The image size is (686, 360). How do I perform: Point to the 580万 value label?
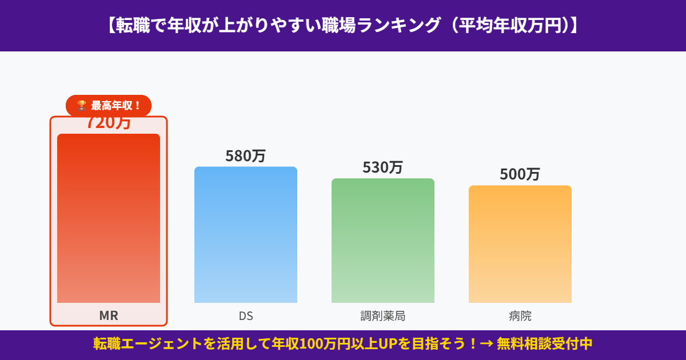click(x=246, y=156)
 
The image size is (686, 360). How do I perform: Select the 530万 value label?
click(x=383, y=167)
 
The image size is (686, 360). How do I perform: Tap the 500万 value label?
click(x=520, y=174)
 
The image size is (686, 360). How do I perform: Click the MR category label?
click(x=109, y=316)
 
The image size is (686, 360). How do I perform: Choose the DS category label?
click(x=246, y=316)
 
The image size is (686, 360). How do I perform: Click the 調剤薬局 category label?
click(x=383, y=316)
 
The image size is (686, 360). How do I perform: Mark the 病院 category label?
click(x=520, y=316)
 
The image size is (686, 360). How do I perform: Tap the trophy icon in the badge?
click(x=82, y=105)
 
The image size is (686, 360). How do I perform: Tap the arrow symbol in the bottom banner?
click(x=486, y=344)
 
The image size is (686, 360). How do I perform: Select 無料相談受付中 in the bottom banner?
click(x=544, y=344)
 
